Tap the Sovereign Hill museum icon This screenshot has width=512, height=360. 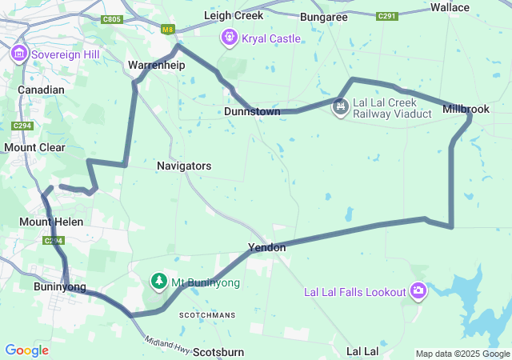[x=19, y=54]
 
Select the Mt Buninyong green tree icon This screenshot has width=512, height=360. [x=159, y=282]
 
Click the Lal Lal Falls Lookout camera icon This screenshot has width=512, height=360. [x=418, y=291]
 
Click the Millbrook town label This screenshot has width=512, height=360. [x=466, y=108]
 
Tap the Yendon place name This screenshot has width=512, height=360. [x=266, y=248]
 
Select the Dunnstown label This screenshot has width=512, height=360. [x=252, y=112]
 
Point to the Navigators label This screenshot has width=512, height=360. [x=184, y=166]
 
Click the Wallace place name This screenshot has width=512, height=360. [x=472, y=7]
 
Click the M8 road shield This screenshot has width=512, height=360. [x=167, y=30]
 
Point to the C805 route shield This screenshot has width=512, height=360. [x=112, y=19]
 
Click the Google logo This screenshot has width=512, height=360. [x=26, y=350]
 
